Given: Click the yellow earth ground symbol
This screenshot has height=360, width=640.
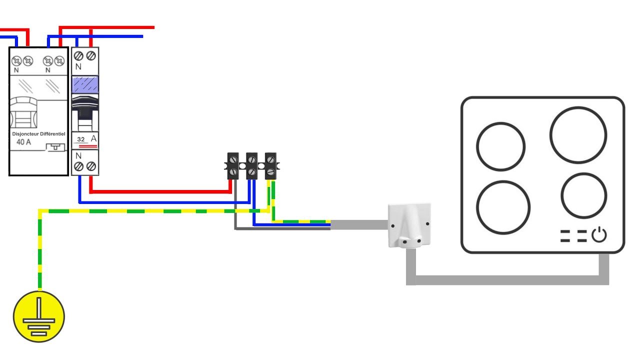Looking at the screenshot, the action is pos(39,316).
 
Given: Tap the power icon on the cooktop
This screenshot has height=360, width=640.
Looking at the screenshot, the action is pos(599,235).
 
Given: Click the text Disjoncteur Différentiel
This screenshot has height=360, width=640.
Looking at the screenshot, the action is pos(38,133).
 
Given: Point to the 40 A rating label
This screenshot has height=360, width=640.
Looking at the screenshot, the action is pos(23,142).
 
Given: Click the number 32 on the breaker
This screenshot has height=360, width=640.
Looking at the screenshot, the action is pos(81,139).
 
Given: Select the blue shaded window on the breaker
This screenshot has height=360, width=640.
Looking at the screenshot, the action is pos(85,84).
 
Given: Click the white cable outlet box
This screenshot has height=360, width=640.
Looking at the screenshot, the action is pos(409,225).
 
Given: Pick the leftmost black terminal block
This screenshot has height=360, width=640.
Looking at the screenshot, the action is pos(233,166).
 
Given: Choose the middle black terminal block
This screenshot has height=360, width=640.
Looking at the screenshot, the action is pos(251,166).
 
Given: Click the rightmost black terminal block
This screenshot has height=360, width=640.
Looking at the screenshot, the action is pos(270,166).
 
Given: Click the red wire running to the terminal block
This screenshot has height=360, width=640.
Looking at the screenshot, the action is pos(160,191).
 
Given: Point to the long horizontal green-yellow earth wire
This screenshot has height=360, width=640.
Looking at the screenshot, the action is pos(154,211).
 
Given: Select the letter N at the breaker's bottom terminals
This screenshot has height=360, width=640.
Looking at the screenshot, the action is pos(78,155).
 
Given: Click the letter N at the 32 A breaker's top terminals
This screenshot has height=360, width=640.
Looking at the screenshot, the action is pos(78,66).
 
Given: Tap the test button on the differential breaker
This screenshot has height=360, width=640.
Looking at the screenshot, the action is pos(55,147).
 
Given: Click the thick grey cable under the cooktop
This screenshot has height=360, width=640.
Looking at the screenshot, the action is pos(507,280).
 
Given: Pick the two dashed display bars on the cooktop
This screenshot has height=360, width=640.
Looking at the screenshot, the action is pos(573,235).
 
